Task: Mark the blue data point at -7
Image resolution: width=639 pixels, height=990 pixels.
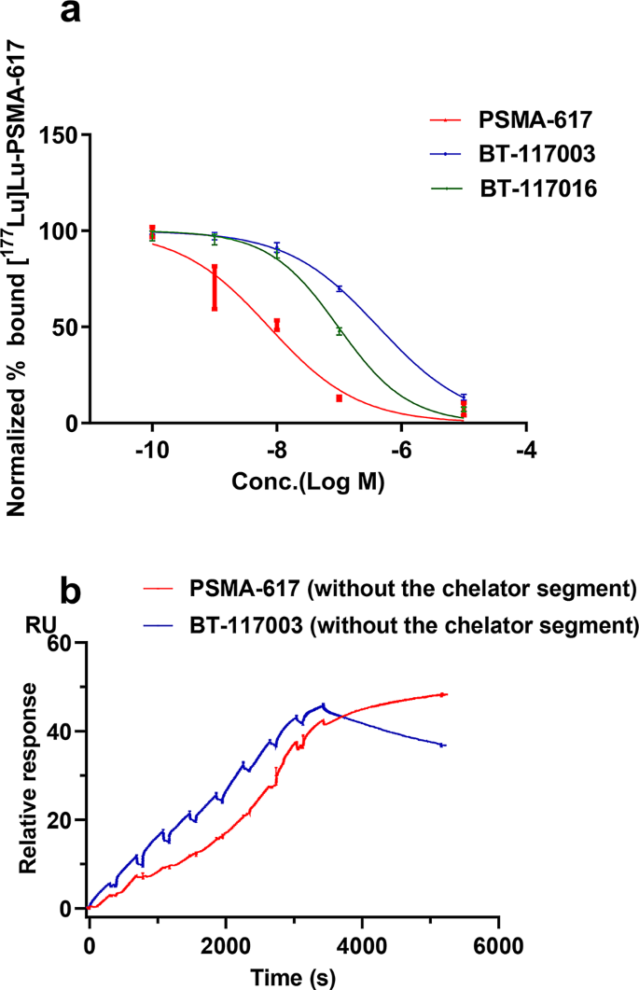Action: [340, 289]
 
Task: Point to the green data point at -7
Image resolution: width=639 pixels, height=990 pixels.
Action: [340, 331]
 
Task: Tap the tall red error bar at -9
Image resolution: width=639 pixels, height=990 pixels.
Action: [215, 288]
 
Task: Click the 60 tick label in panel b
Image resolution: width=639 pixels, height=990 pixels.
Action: [64, 643]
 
